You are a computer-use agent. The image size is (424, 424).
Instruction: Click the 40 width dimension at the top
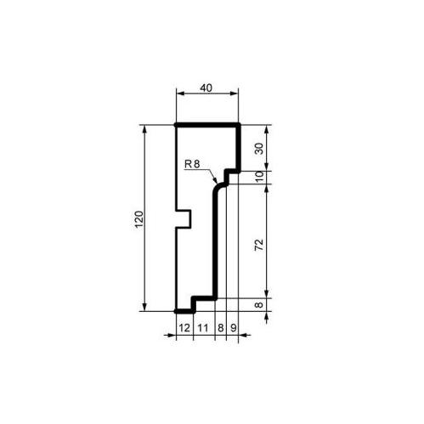coord(206,88)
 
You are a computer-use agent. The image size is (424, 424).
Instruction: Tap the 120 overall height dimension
coord(139,219)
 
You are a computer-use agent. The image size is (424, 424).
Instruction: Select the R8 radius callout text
coord(192,164)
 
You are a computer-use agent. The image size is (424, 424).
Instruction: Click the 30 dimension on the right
coord(259,149)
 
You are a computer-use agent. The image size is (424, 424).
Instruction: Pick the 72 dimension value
coord(259,245)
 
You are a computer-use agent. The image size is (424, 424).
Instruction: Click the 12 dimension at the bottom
coord(184,328)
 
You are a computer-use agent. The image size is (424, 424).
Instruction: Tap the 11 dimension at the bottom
coord(203,328)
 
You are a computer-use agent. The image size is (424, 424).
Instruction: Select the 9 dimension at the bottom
coord(233,328)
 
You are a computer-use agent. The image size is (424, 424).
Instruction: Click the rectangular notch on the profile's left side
coord(183,219)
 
